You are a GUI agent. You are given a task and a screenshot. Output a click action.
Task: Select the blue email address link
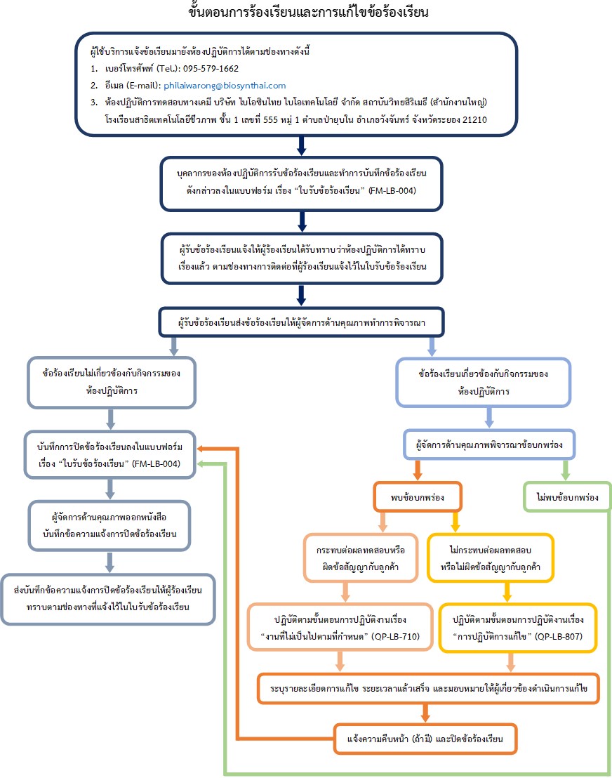coord(225,85)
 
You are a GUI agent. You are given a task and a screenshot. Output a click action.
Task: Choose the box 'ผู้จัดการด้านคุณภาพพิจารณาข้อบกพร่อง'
coord(489,444)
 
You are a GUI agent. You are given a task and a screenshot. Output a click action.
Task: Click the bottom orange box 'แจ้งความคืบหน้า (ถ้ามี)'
coord(425,739)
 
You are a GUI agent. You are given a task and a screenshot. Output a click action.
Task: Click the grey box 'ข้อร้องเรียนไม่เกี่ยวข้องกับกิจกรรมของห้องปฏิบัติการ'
coord(112,381)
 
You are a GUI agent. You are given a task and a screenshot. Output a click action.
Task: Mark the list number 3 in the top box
coord(93,103)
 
